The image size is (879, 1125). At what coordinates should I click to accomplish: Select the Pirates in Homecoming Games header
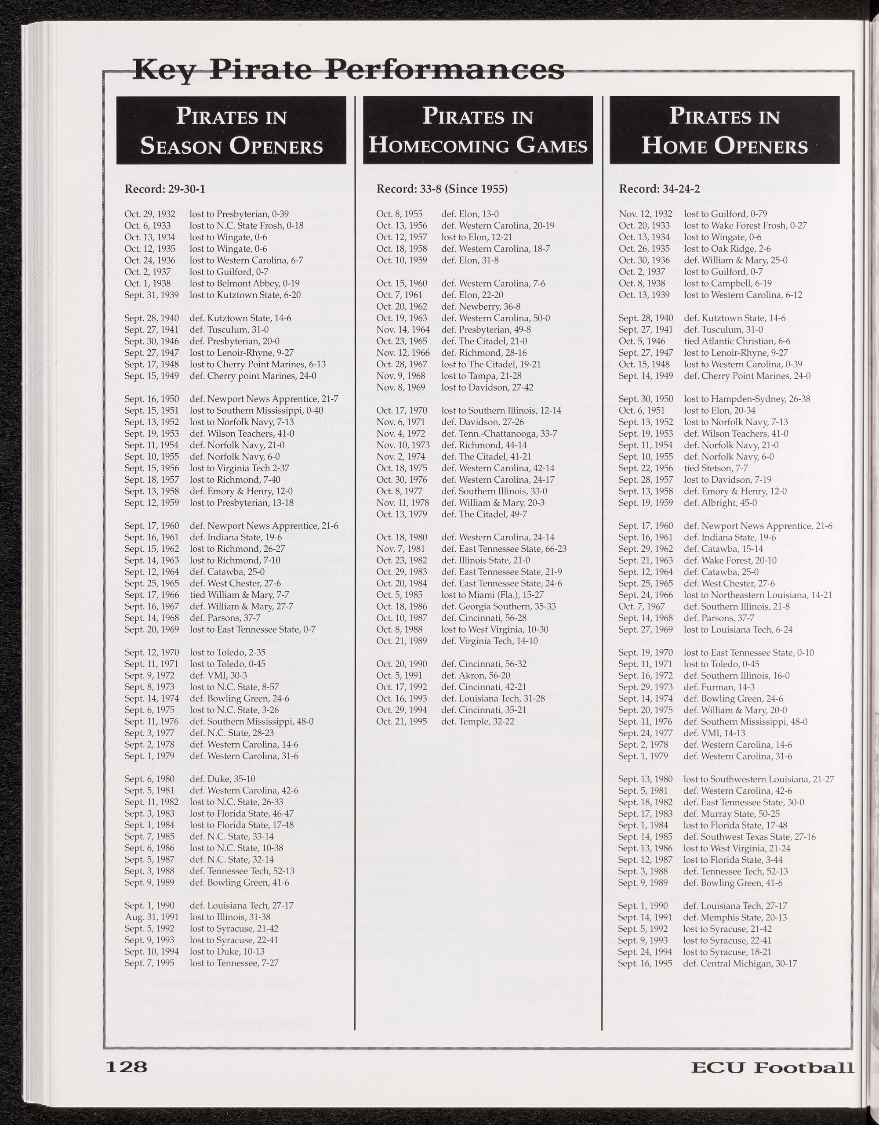tap(478, 130)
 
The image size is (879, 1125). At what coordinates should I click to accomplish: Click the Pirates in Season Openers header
tap(231, 130)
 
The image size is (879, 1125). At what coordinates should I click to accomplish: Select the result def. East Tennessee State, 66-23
tap(503, 549)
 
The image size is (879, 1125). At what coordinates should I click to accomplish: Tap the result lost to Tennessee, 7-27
tap(234, 963)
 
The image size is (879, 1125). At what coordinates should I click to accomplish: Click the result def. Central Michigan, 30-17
tap(740, 963)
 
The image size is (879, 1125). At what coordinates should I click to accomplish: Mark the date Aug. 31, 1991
tap(147, 917)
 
